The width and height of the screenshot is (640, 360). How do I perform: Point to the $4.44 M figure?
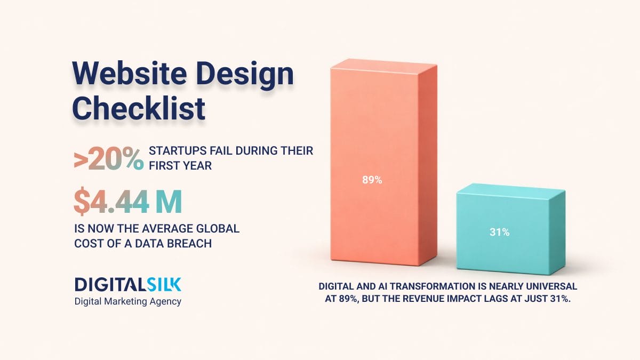pos(128,202)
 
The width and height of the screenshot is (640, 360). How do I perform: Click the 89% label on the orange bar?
pos(372,180)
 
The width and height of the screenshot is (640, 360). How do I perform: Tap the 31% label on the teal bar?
pos(500,232)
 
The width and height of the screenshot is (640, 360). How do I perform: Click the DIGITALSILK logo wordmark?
pos(128,284)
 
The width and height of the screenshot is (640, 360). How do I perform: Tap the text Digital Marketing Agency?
pos(128,302)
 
